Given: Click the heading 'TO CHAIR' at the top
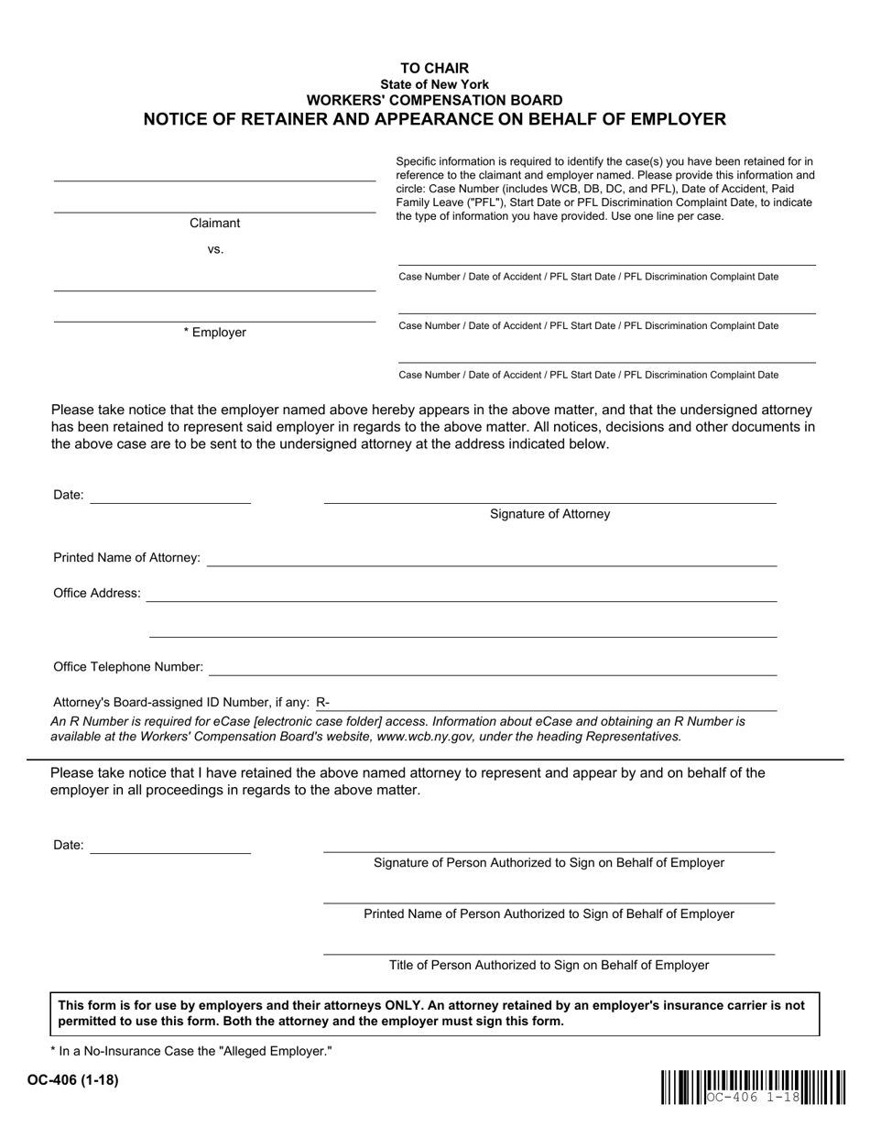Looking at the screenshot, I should pyautogui.click(x=434, y=68).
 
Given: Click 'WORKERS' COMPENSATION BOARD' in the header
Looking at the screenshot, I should pyautogui.click(x=434, y=100).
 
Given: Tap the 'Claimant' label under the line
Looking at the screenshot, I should pyautogui.click(x=214, y=223).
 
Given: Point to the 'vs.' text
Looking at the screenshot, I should pyautogui.click(x=215, y=249).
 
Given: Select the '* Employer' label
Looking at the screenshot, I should pyautogui.click(x=214, y=333).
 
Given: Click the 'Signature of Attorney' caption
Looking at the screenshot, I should pyautogui.click(x=549, y=514).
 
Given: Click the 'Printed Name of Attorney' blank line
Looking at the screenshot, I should pyautogui.click(x=491, y=558).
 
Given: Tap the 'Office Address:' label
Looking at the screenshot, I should pyautogui.click(x=97, y=594).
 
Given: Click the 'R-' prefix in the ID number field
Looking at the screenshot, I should pyautogui.click(x=322, y=703).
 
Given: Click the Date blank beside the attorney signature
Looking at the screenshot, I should pyautogui.click(x=170, y=496).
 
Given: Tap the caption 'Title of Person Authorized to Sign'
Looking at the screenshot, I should pyautogui.click(x=549, y=965).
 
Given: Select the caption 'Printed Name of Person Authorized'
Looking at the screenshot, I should pyautogui.click(x=549, y=914).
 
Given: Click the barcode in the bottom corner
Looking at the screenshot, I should pyautogui.click(x=752, y=1087).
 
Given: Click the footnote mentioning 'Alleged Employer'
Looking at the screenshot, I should pyautogui.click(x=190, y=1052).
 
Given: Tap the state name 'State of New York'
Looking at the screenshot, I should pyautogui.click(x=434, y=83).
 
